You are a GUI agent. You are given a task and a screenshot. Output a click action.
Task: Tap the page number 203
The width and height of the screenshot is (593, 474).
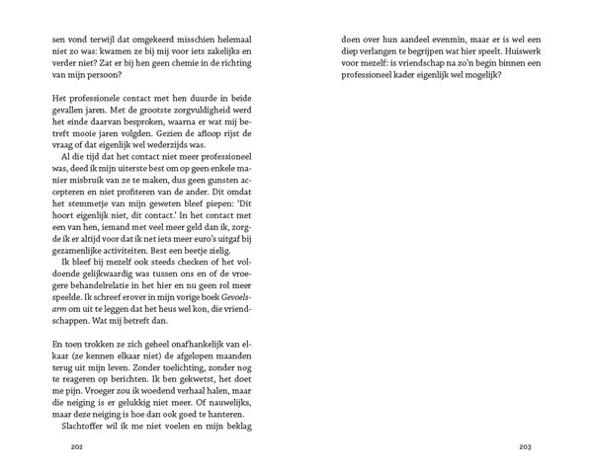coord(526,446)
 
